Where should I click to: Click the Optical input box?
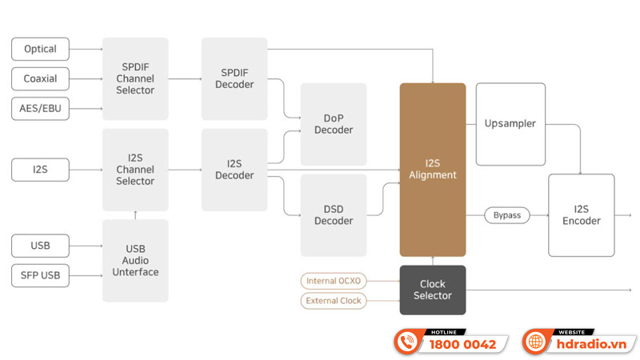click(x=40, y=49)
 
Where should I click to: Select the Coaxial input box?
click(x=40, y=78)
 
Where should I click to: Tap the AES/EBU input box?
click(x=40, y=108)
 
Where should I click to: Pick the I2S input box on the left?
click(x=40, y=170)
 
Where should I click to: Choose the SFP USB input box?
click(x=40, y=276)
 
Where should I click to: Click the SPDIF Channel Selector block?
click(x=135, y=78)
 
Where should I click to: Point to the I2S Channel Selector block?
click(x=135, y=170)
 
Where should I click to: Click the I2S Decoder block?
click(x=235, y=170)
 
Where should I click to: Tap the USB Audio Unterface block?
click(x=135, y=261)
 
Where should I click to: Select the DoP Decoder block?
click(x=334, y=124)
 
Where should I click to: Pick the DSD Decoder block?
click(x=334, y=215)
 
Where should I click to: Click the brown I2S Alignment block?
click(x=432, y=170)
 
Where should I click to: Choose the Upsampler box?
click(x=510, y=124)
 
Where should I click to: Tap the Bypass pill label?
click(x=506, y=215)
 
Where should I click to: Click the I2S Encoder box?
click(x=582, y=215)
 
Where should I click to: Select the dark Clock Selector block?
click(x=432, y=290)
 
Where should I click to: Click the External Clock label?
click(x=333, y=301)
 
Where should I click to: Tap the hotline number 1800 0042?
click(x=462, y=344)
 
